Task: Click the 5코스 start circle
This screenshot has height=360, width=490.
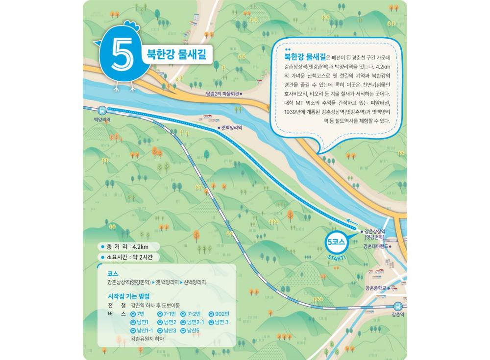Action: click(x=336, y=242)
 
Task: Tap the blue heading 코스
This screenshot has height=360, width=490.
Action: click(x=113, y=274)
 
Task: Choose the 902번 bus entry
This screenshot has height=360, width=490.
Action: click(x=219, y=313)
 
